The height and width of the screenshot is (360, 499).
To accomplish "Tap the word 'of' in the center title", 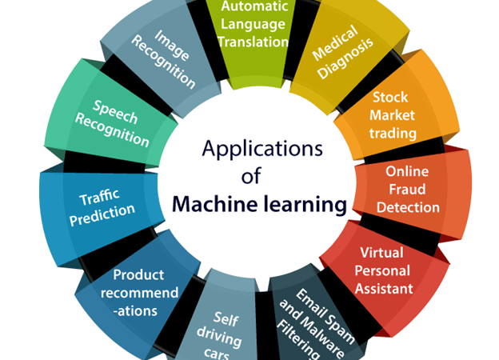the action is pyautogui.click(x=251, y=176).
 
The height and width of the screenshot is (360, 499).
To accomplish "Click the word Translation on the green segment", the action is pyautogui.click(x=253, y=42).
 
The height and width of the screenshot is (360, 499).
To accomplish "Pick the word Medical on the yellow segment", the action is pyautogui.click(x=335, y=43).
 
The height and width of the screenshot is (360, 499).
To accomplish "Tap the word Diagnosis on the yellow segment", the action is pyautogui.click(x=345, y=59).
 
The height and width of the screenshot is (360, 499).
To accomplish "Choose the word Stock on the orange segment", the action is pyautogui.click(x=390, y=97).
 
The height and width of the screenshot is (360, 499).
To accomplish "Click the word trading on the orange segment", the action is pyautogui.click(x=393, y=133).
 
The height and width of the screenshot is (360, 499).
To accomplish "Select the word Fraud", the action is pyautogui.click(x=407, y=190).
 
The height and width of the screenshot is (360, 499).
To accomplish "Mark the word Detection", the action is pyautogui.click(x=408, y=207).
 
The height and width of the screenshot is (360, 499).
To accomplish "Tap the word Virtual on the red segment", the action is pyautogui.click(x=381, y=253).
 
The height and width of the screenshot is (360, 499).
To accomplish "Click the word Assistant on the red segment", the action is pyautogui.click(x=384, y=289).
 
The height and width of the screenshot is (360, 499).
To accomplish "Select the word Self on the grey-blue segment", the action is pyautogui.click(x=226, y=318).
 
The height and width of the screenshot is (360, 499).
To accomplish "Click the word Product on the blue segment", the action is pyautogui.click(x=138, y=274).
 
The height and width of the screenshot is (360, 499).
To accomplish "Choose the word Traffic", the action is pyautogui.click(x=99, y=198).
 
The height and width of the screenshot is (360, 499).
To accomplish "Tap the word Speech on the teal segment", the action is pyautogui.click(x=115, y=112).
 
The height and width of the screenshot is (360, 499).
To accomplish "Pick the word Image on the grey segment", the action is pyautogui.click(x=172, y=45).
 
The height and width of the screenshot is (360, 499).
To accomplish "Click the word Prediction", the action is pyautogui.click(x=102, y=215).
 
